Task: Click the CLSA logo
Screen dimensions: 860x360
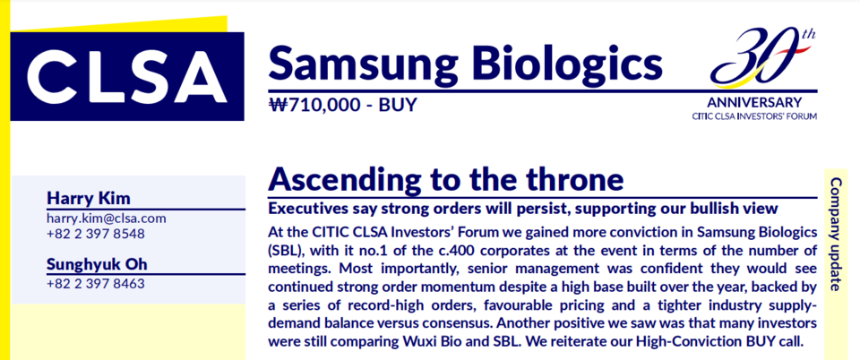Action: pyautogui.click(x=127, y=76)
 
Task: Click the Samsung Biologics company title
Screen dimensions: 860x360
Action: pyautogui.click(x=465, y=62)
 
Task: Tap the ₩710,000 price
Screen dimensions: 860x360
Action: pyautogui.click(x=312, y=104)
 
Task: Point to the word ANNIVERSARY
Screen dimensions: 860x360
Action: pyautogui.click(x=754, y=102)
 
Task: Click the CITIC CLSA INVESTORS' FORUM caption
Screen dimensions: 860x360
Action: pyautogui.click(x=754, y=116)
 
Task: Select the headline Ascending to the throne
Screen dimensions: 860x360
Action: pyautogui.click(x=445, y=178)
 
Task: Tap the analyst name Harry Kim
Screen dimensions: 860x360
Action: pyautogui.click(x=89, y=198)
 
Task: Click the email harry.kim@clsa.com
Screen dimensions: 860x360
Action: pyautogui.click(x=106, y=219)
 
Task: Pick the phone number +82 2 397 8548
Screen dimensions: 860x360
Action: pyautogui.click(x=96, y=234)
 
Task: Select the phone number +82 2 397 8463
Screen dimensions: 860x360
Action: pyautogui.click(x=96, y=284)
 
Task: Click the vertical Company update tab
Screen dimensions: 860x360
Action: pyautogui.click(x=836, y=234)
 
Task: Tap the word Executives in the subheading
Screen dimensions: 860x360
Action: pyautogui.click(x=304, y=209)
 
